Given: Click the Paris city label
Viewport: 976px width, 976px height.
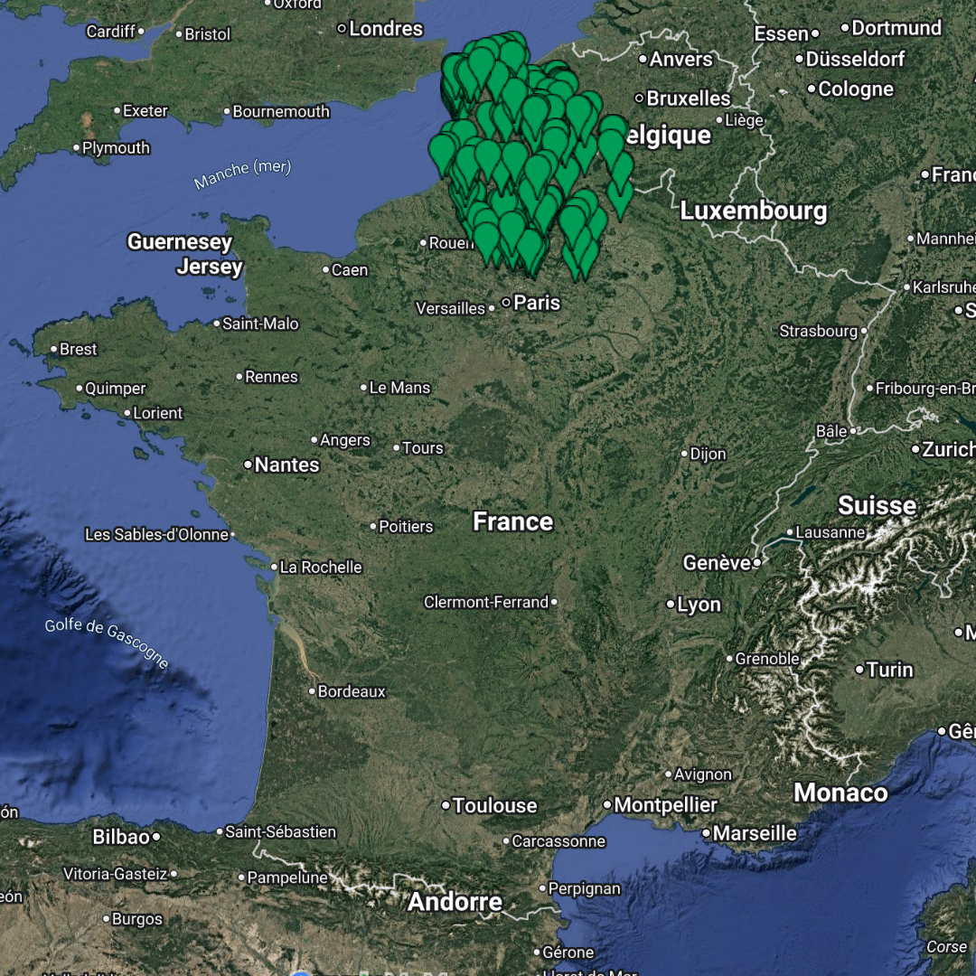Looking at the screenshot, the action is tap(537, 303).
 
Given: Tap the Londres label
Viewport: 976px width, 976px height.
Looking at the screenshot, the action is tap(386, 29).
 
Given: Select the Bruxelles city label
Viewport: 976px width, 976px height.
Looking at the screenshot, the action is tap(689, 98).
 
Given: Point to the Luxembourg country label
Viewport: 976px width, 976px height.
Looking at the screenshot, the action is tap(753, 211).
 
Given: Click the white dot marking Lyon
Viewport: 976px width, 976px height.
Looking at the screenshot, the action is tap(671, 604).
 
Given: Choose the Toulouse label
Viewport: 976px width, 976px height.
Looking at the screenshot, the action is tap(494, 805).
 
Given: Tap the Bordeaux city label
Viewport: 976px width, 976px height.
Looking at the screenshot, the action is tap(352, 691).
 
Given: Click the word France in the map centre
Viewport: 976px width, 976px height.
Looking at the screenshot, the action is tap(512, 521).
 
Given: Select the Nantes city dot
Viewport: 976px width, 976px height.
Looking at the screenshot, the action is tap(248, 465).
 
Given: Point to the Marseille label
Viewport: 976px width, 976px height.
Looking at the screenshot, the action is tap(755, 833).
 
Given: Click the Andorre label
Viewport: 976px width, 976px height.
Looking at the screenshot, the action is tap(455, 901).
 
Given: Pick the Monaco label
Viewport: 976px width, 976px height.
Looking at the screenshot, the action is tap(840, 793).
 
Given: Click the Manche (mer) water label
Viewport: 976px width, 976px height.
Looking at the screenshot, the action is tap(242, 174).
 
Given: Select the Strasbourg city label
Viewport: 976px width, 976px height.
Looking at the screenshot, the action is tap(818, 332).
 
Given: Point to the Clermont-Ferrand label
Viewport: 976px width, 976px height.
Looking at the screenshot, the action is tap(486, 602).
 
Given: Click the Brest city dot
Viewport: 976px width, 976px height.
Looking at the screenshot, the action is tap(53, 349).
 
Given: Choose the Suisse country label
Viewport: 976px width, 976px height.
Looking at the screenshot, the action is tap(877, 505).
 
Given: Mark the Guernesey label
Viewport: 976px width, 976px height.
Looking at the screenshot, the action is tap(180, 242).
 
